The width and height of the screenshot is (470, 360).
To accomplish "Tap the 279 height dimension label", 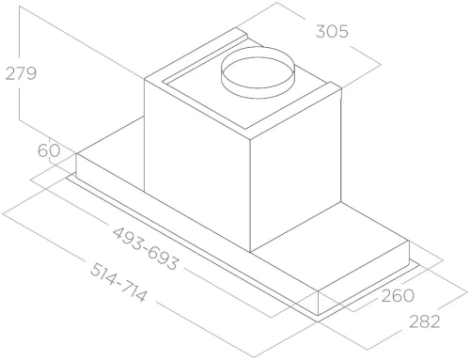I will pyautogui.click(x=20, y=74).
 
